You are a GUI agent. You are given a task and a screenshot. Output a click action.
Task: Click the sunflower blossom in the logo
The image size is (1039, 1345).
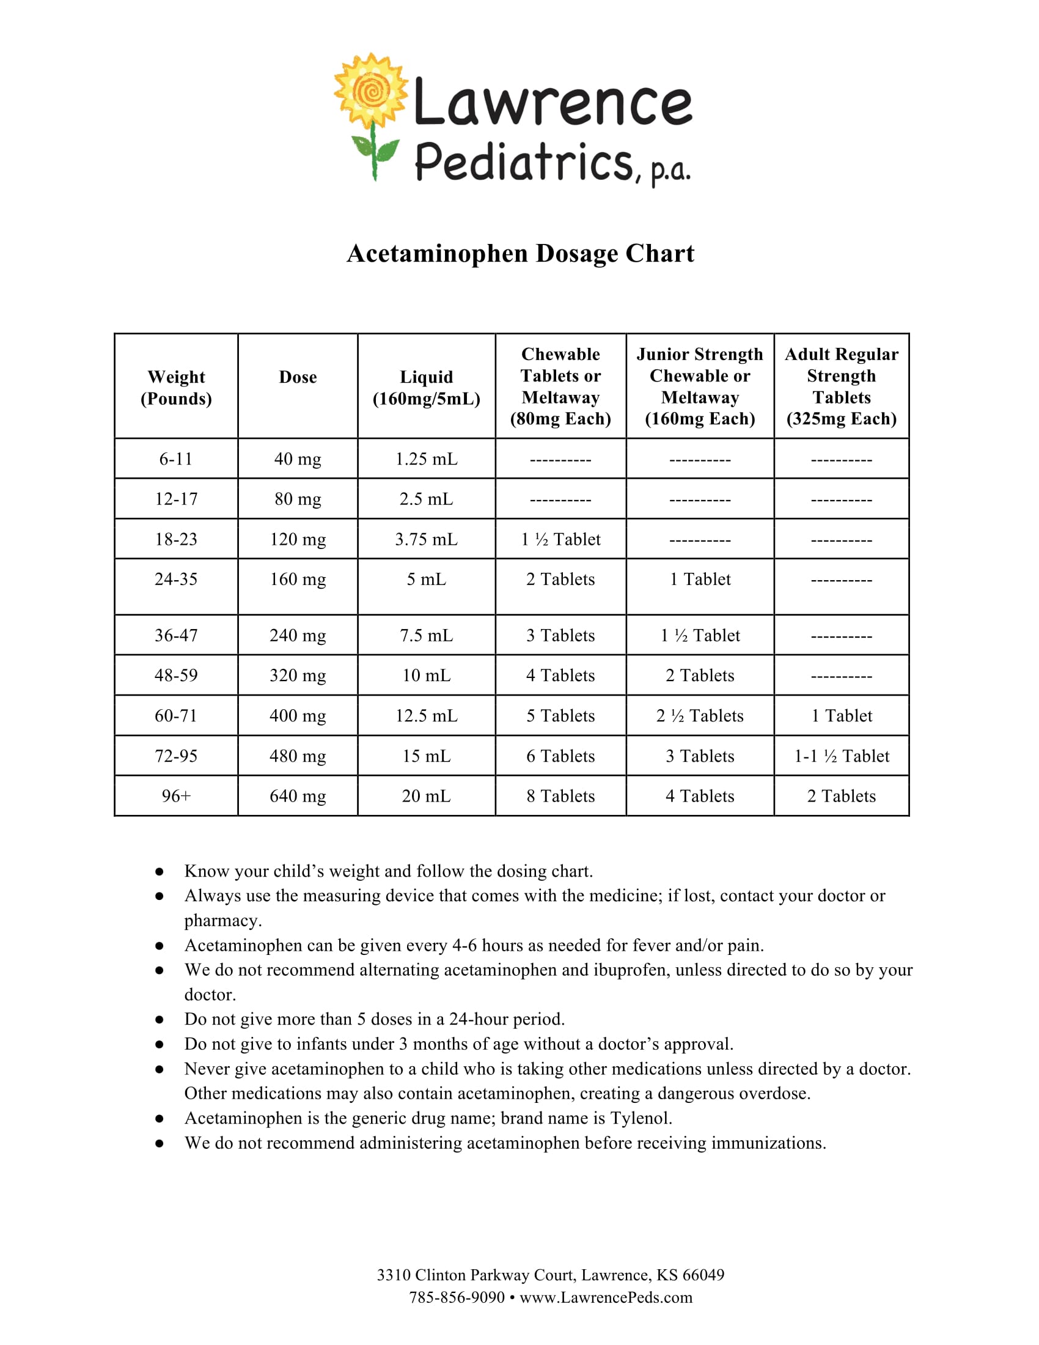tap(370, 91)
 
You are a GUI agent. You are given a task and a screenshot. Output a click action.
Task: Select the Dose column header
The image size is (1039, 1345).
tap(298, 377)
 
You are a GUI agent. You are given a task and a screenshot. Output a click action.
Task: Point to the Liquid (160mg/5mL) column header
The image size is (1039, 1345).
tap(426, 388)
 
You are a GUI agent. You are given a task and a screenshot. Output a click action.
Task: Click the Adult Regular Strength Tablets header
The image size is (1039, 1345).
tap(841, 386)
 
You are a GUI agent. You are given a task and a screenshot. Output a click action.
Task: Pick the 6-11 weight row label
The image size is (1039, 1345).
tap(176, 459)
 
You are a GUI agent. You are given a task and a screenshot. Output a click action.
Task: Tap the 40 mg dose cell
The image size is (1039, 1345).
tap(298, 459)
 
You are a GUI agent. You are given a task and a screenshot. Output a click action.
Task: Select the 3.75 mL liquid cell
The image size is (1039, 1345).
tap(426, 539)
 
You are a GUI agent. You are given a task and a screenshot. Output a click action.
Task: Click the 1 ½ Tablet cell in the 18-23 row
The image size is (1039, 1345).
tap(560, 539)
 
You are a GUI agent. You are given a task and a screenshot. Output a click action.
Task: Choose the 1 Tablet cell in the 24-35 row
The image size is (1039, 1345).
tap(700, 579)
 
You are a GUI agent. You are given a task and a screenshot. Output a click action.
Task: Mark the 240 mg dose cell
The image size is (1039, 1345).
tap(298, 635)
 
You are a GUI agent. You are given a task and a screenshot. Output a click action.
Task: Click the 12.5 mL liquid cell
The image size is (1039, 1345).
tap(426, 716)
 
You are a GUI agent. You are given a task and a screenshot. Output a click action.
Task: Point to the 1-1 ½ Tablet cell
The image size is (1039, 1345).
tap(841, 756)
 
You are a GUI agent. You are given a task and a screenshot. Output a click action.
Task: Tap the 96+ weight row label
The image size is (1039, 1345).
tap(176, 795)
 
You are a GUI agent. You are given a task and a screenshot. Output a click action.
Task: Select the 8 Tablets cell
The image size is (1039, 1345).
tap(560, 795)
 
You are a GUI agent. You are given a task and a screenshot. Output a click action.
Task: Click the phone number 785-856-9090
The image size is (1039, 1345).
tap(457, 1297)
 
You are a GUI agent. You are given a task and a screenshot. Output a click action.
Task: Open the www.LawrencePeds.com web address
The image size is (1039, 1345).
tap(606, 1297)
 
